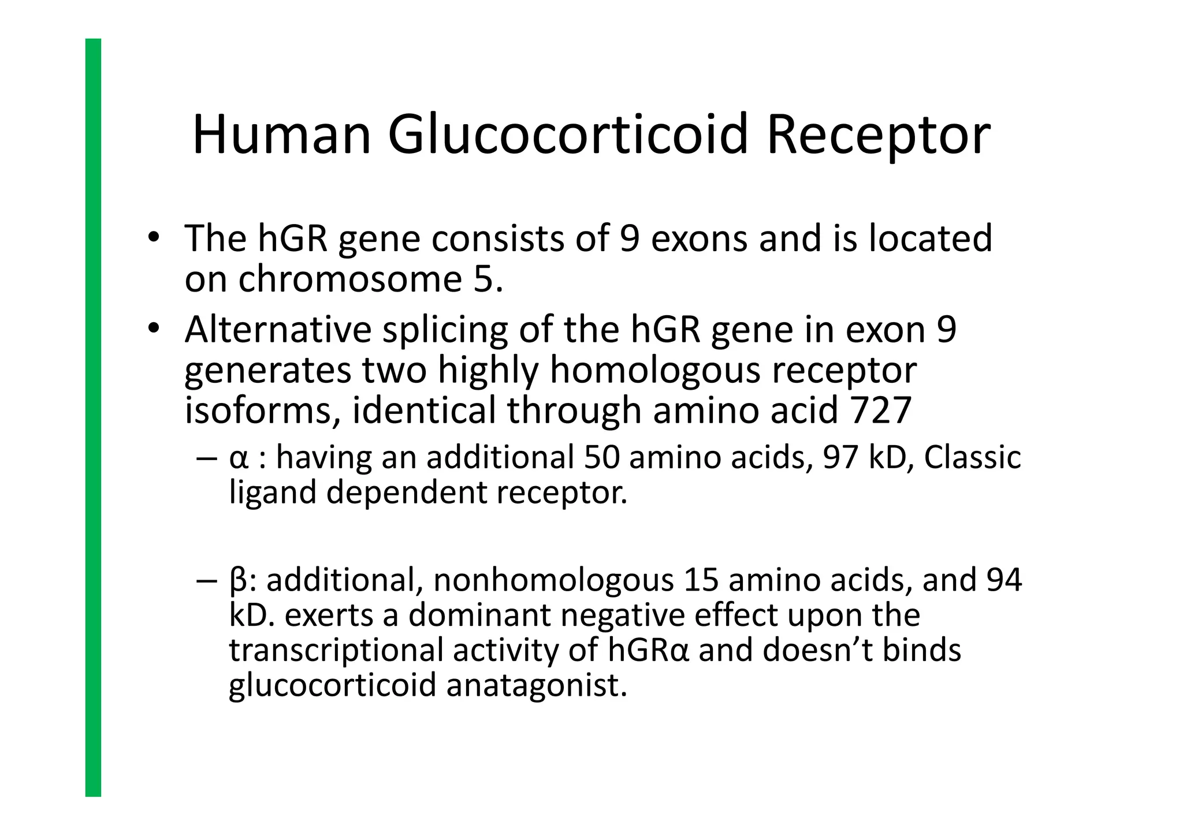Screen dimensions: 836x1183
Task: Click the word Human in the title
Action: click(x=281, y=136)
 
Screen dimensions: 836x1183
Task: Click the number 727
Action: click(x=881, y=410)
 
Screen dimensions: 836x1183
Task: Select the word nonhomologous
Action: click(x=553, y=580)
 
